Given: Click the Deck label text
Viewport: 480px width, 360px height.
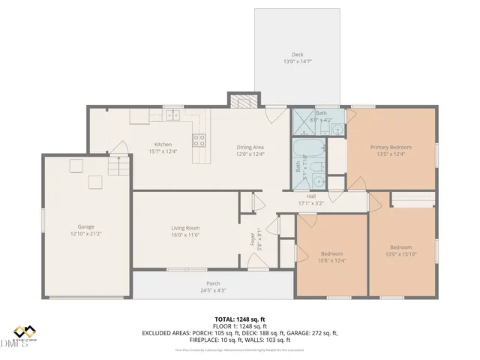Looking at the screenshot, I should point(298,54).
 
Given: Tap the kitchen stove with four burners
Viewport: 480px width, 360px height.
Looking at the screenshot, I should point(199,139).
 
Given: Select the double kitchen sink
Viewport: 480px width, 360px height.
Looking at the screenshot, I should point(173,115).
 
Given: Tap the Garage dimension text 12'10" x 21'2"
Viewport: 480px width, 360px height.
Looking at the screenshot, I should point(86,233).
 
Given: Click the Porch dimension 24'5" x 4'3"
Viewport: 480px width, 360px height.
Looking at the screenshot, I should point(213,290).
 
